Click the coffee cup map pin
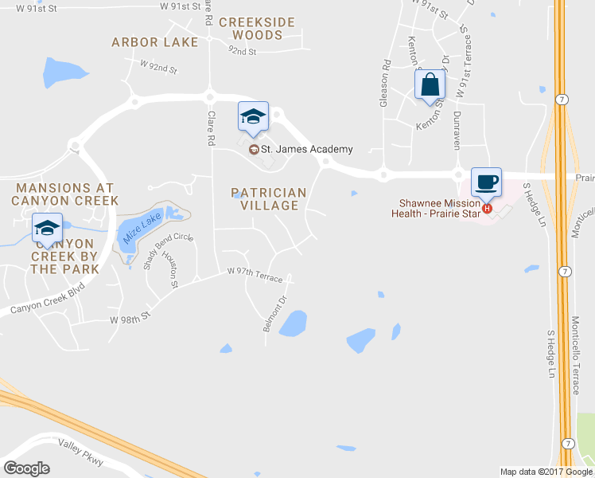click(x=486, y=182)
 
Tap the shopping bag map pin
click(x=430, y=84)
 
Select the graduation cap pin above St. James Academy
click(x=254, y=116)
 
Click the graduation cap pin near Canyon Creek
click(x=47, y=228)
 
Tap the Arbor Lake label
click(x=154, y=41)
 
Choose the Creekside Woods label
click(x=256, y=29)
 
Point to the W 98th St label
click(x=130, y=318)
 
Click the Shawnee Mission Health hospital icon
click(x=488, y=210)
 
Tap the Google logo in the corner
click(x=27, y=468)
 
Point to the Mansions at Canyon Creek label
click(x=65, y=194)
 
